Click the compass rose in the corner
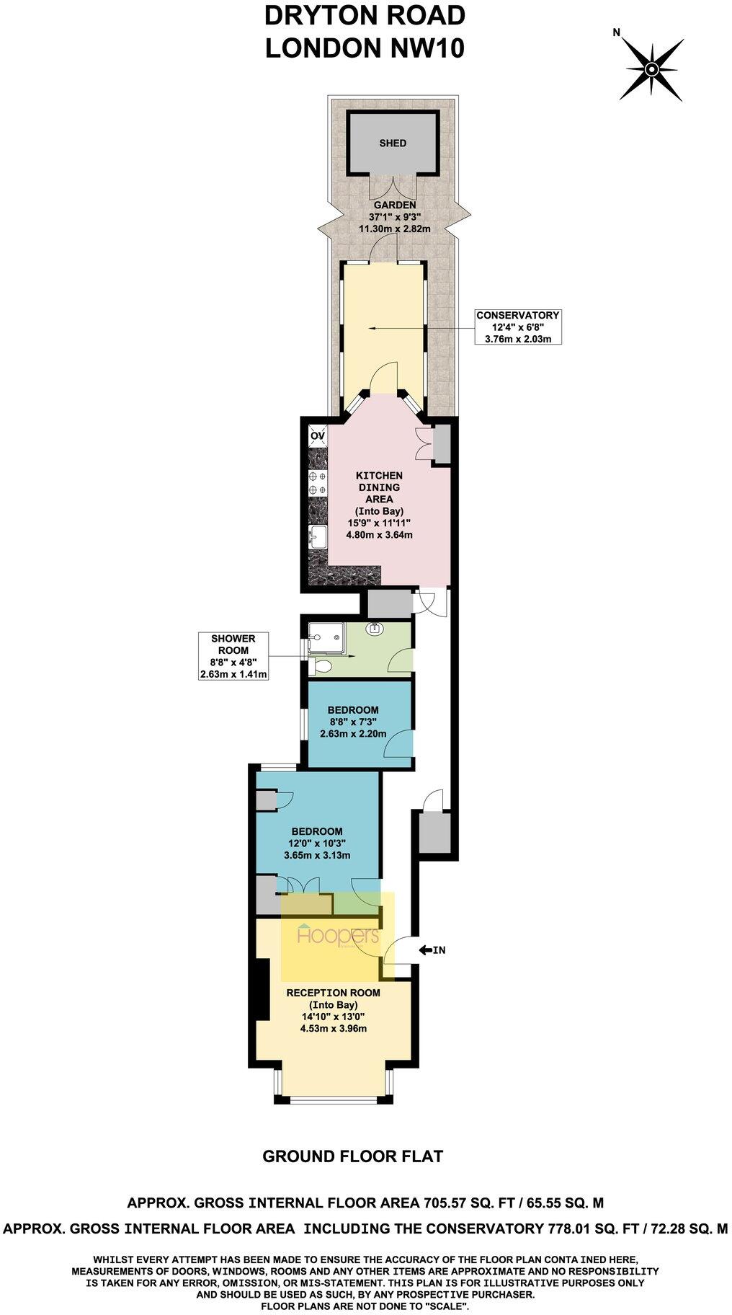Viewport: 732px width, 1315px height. point(651,69)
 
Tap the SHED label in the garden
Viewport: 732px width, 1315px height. point(393,143)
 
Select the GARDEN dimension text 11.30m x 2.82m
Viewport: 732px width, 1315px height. point(394,229)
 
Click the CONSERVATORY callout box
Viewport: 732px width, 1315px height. point(517,327)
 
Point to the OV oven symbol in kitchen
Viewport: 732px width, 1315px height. point(317,435)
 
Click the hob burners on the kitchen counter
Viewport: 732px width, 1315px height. point(315,483)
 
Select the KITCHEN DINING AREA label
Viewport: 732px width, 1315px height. point(379,487)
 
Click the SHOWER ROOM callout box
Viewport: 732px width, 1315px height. point(233,656)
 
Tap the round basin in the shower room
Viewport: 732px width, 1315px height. point(375,629)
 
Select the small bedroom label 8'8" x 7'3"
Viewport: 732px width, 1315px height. point(353,722)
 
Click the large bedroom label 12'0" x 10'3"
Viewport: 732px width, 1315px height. point(317,843)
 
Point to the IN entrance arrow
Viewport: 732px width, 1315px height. point(432,949)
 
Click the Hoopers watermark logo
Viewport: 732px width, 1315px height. point(337,937)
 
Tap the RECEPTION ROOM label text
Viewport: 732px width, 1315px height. point(333,992)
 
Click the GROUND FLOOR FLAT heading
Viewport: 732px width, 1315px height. point(352,1156)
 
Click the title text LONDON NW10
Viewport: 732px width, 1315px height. point(365,48)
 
